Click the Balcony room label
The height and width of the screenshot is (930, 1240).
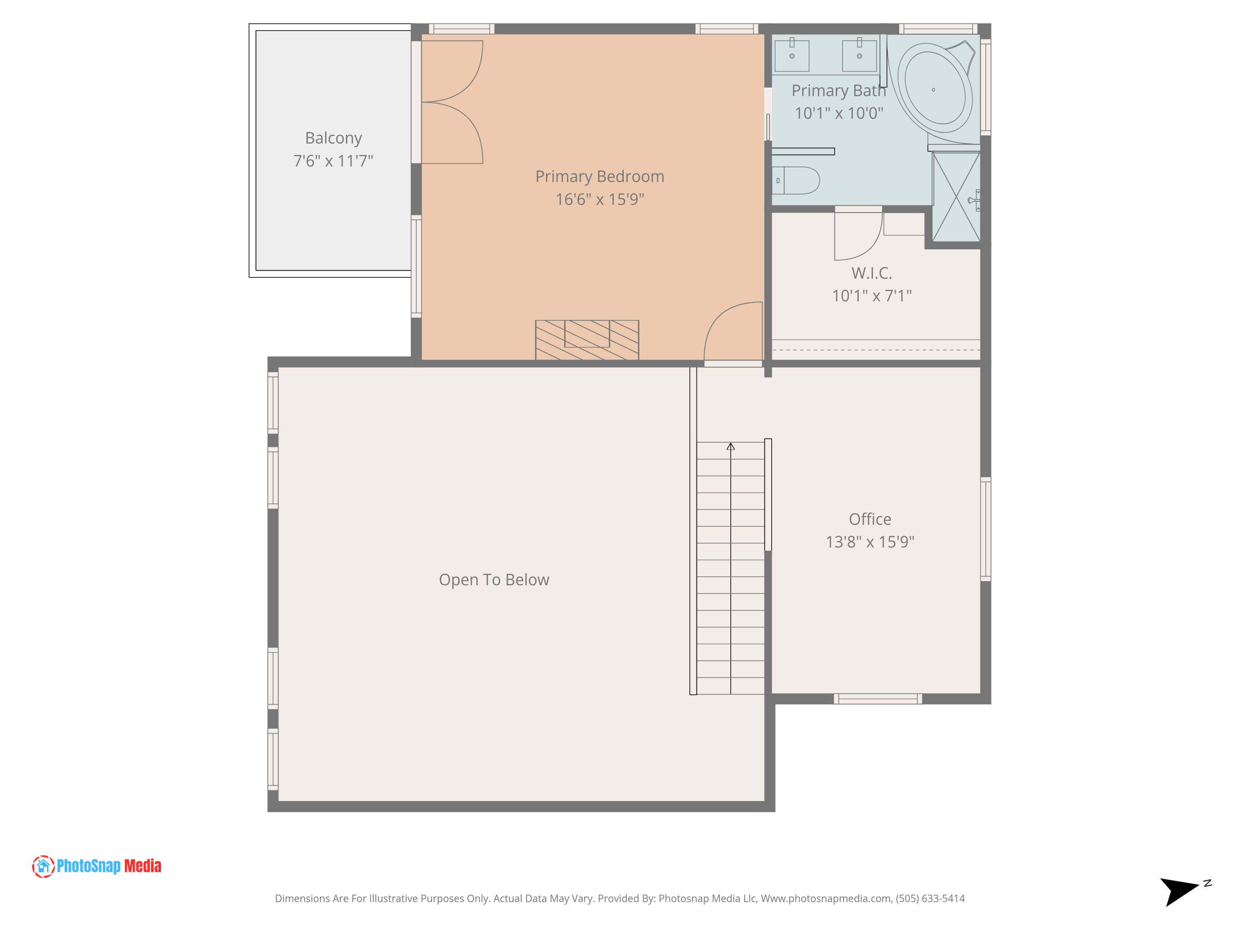pos(333,138)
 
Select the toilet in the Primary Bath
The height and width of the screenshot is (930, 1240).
pos(796,181)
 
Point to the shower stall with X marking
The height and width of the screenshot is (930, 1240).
pos(956,197)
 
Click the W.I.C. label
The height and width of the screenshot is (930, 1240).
pos(871,273)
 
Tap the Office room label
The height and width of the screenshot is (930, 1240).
pos(870,519)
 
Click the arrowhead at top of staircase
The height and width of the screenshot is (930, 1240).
pos(730,447)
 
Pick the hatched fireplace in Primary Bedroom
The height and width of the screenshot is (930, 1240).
pos(587,340)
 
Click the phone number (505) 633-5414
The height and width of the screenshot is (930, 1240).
pos(930,899)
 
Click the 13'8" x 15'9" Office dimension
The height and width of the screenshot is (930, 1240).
pos(870,542)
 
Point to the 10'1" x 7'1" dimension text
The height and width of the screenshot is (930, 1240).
pos(871,296)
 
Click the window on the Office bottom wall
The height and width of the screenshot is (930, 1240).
pos(878,699)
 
